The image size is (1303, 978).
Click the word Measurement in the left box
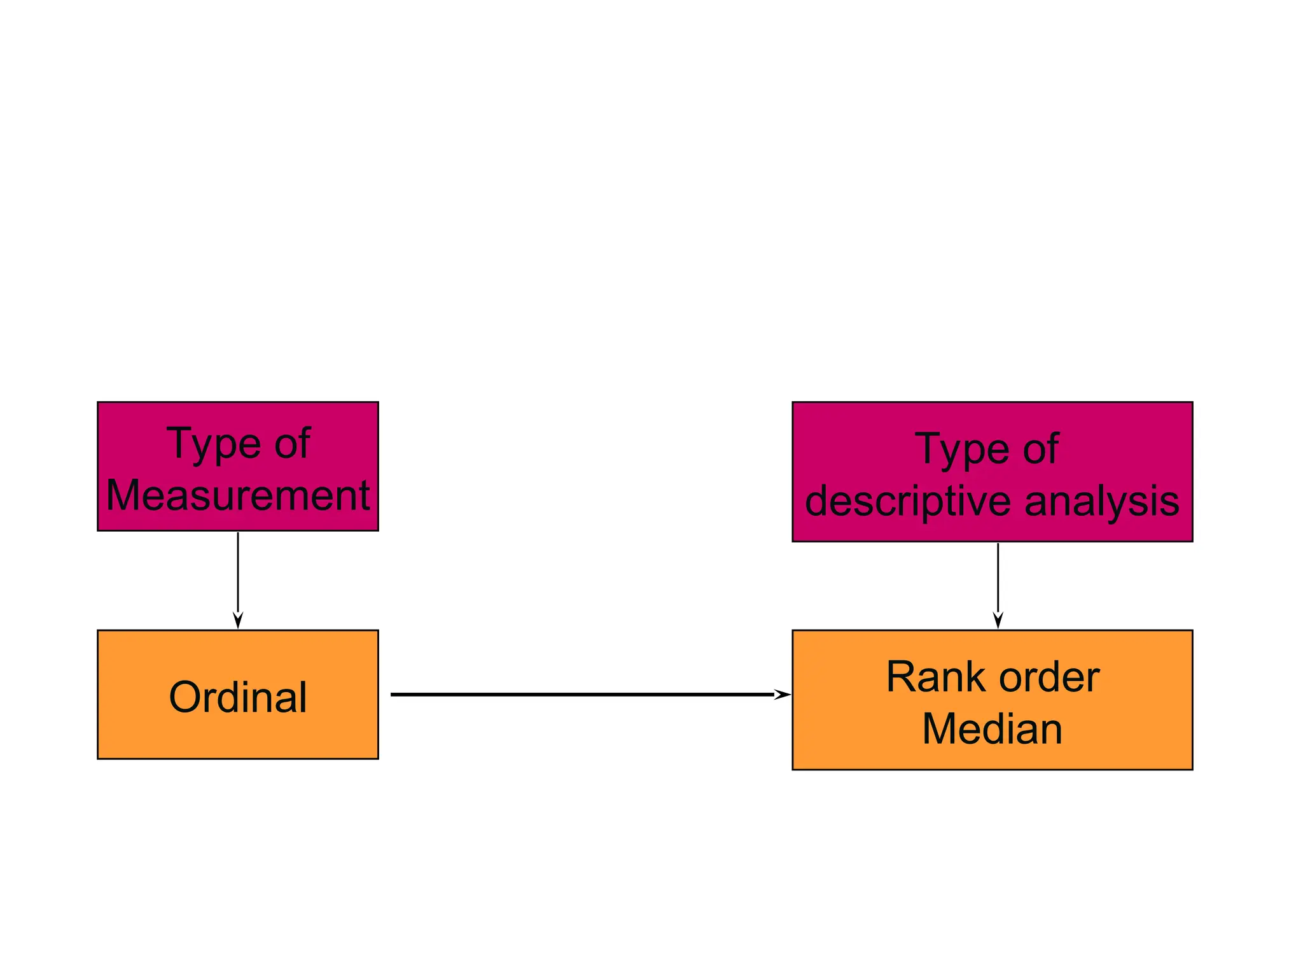point(237,495)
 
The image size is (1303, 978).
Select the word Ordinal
point(237,697)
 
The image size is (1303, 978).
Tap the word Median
point(992,728)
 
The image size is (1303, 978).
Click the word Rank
point(926,677)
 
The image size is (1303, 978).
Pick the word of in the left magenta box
point(292,443)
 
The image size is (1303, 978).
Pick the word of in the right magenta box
point(1040,449)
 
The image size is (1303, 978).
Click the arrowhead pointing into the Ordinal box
point(238,620)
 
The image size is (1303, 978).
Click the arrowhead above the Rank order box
point(998,620)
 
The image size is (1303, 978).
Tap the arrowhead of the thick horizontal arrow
point(782,694)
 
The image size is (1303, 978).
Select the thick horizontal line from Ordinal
point(573,694)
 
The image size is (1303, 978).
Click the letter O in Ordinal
point(184,697)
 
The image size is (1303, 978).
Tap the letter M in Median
point(938,728)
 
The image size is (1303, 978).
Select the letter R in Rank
point(900,677)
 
